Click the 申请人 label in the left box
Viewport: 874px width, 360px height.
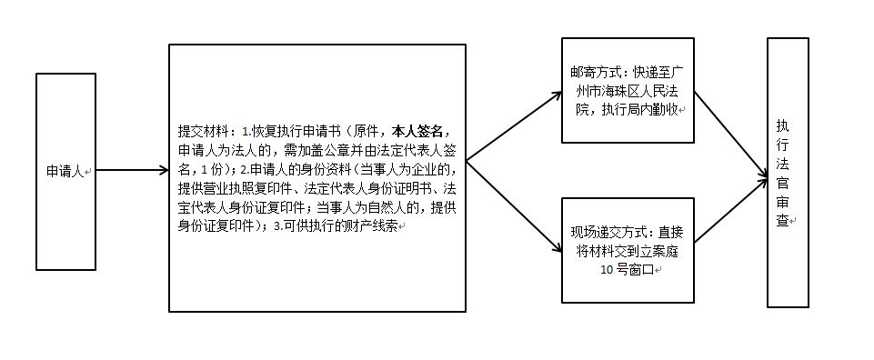point(65,170)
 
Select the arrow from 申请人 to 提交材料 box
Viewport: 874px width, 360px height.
point(132,170)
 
